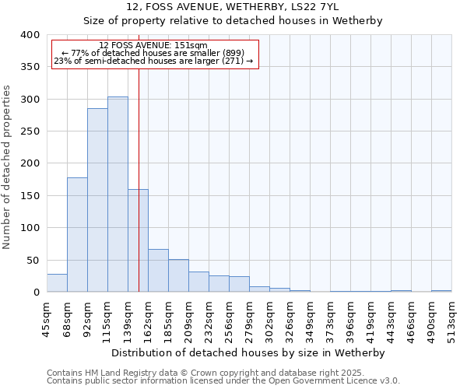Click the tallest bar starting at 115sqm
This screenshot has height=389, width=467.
click(x=118, y=194)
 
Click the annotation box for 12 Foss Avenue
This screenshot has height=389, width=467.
click(x=154, y=53)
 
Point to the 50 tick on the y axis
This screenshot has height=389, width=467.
click(x=33, y=260)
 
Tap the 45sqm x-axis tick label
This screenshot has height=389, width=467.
click(x=47, y=317)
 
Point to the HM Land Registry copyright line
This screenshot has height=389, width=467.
click(x=205, y=373)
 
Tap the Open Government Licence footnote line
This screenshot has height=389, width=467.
click(x=223, y=381)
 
